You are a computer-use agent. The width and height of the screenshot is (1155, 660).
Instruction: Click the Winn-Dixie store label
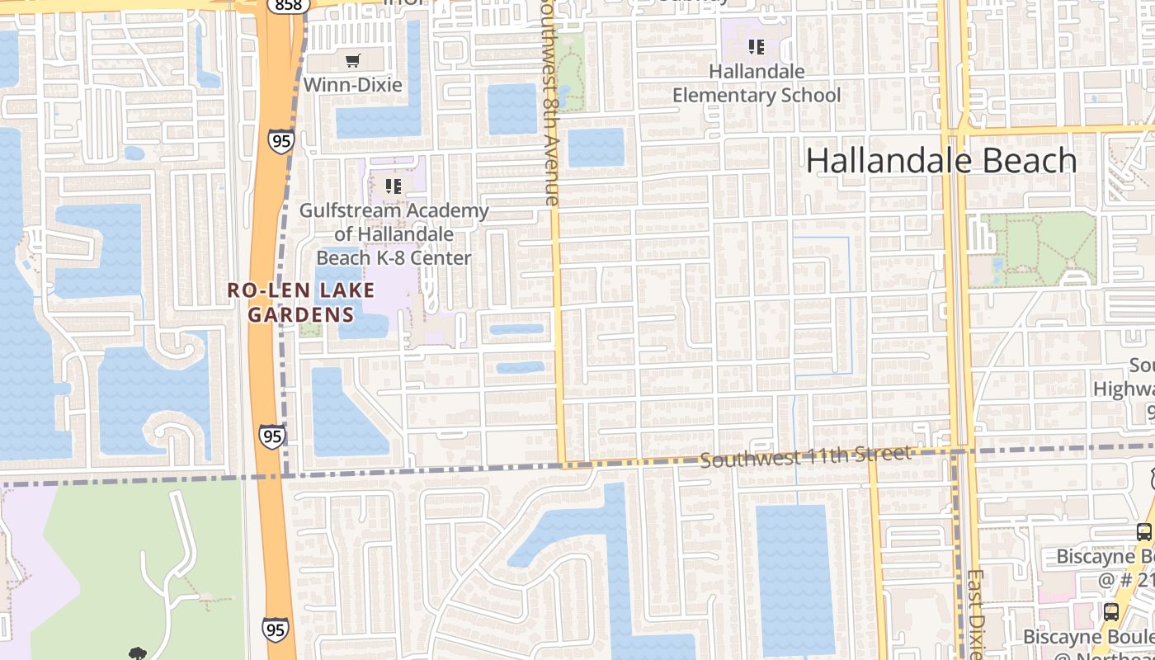point(352,85)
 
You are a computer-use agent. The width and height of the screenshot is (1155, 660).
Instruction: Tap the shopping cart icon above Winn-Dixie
point(353,60)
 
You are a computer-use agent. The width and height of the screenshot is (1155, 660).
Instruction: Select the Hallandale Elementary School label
point(757,83)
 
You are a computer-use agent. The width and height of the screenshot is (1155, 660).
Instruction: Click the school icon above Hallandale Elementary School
point(756,47)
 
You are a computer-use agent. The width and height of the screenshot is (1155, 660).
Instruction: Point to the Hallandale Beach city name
point(941,160)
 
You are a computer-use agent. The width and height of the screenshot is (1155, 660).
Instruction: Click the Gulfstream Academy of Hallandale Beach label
point(394,234)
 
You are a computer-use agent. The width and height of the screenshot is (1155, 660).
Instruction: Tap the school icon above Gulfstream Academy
point(393,186)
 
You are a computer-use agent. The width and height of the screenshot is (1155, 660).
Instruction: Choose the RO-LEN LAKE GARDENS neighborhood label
point(301,302)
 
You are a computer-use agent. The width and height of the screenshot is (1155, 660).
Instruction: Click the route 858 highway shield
point(289,5)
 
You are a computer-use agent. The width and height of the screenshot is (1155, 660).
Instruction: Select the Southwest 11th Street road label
point(806,455)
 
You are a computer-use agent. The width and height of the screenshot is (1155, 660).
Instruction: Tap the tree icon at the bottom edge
point(137,653)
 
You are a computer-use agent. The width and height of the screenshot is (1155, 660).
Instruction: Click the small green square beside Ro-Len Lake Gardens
point(310,329)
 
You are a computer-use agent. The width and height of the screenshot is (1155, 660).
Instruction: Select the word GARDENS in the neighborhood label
point(301,314)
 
